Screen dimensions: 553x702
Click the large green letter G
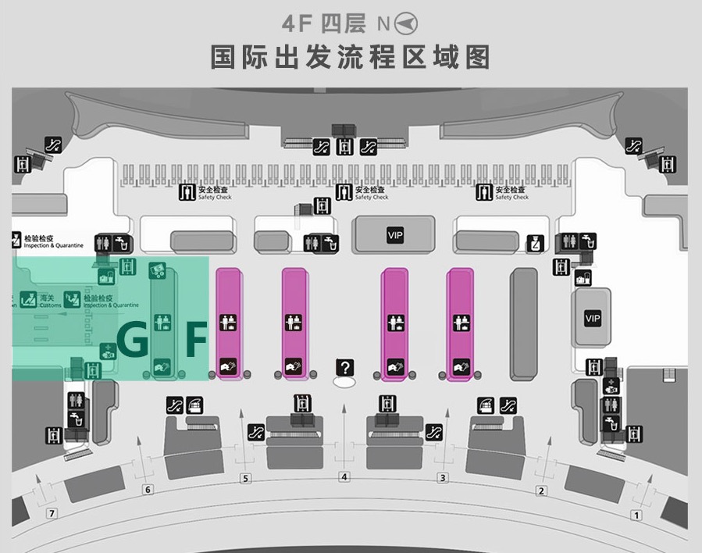coord(133,340)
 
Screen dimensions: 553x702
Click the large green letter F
coord(195,340)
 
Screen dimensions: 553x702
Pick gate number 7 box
coord(52,513)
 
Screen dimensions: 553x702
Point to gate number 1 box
coord(636,515)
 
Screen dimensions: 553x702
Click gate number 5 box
coord(245,478)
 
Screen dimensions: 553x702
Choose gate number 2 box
coord(540,491)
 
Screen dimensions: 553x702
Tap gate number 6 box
coord(148,490)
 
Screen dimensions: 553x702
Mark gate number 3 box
coord(443,478)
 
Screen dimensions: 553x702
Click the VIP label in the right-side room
coord(593,319)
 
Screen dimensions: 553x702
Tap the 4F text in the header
coord(298,24)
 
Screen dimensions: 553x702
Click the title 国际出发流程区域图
coord(351,58)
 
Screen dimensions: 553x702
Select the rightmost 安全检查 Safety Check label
coord(511,192)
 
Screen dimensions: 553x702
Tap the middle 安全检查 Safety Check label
coord(371,192)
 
